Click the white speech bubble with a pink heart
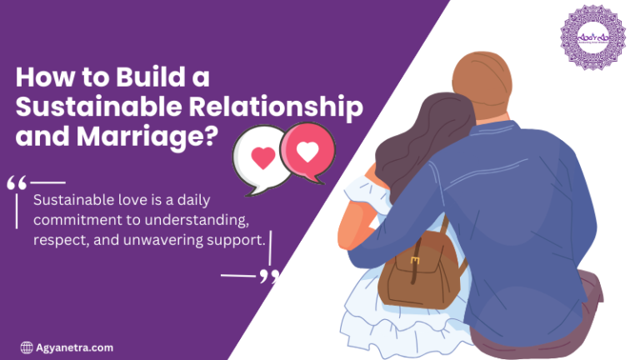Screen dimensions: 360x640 click(x=260, y=157)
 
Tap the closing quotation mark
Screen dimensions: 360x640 click(x=267, y=276)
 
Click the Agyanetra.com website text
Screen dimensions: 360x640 click(x=74, y=347)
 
